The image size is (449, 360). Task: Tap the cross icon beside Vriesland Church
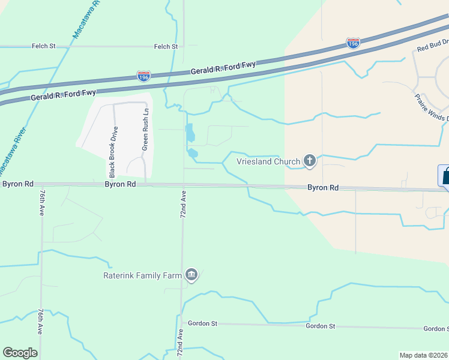309,160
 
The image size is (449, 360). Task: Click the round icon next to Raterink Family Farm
191,275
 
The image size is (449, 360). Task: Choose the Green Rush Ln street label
145,130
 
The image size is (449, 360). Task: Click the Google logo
20,353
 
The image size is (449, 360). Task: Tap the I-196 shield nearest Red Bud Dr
353,43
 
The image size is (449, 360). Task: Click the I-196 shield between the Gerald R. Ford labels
143,76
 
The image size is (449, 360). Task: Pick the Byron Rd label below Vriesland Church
324,188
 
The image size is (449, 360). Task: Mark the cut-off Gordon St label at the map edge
436,329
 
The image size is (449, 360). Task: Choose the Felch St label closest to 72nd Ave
166,46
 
